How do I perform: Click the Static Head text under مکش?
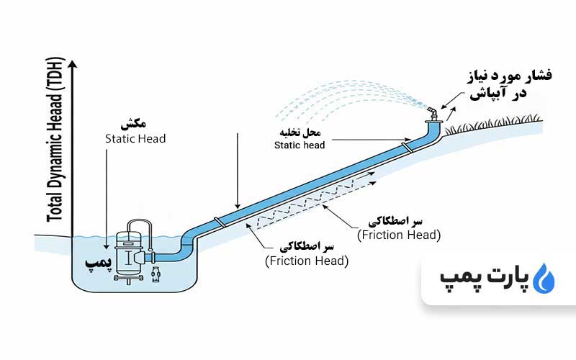click(135, 138)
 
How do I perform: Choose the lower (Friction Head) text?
click(307, 260)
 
